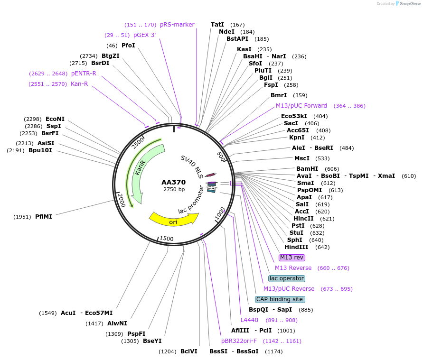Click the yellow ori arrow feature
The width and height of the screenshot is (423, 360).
coord(173,220)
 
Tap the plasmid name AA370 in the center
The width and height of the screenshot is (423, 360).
coord(174,182)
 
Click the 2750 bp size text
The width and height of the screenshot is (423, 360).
coord(174,190)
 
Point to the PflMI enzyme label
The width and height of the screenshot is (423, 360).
coord(44,217)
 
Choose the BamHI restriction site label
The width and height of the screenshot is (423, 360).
coord(307,169)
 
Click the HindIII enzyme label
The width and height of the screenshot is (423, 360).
coord(296,247)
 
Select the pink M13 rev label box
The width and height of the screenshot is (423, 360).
coord(291,258)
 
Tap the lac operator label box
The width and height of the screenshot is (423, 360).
coord(286,278)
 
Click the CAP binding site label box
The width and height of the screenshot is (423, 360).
coord(280,299)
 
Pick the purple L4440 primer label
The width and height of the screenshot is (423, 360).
coord(249,320)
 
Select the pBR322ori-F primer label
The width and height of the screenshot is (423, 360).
coord(239,341)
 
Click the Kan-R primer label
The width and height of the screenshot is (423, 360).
coord(79,84)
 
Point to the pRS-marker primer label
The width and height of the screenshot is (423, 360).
coord(177,25)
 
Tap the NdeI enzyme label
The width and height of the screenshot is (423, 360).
coord(226,32)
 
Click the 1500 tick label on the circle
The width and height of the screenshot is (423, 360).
coord(167,238)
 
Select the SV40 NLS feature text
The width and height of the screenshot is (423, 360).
coord(192,166)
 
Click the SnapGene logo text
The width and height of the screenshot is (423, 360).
coord(409,4)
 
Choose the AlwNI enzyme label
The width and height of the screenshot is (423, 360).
coord(117,323)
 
